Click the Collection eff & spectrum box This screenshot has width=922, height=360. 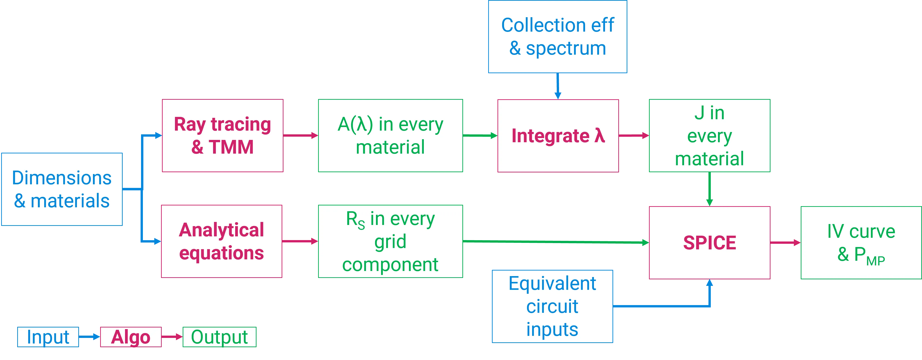[557, 37]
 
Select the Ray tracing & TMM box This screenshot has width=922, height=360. [223, 136]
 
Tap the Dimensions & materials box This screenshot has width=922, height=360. [62, 189]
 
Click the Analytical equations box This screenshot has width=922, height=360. [221, 241]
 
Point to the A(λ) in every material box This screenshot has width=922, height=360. [391, 136]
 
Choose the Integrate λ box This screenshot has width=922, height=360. [558, 136]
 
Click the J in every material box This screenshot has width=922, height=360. [709, 136]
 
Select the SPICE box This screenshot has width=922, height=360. [709, 243]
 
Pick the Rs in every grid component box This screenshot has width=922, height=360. [391, 241]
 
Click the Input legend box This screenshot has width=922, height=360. [48, 337]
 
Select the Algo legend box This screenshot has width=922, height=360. [130, 337]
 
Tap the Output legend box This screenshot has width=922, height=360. [219, 337]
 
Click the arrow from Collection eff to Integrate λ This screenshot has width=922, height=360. [557, 86]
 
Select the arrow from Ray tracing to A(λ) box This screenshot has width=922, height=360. [300, 136]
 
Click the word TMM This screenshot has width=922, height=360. [231, 147]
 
